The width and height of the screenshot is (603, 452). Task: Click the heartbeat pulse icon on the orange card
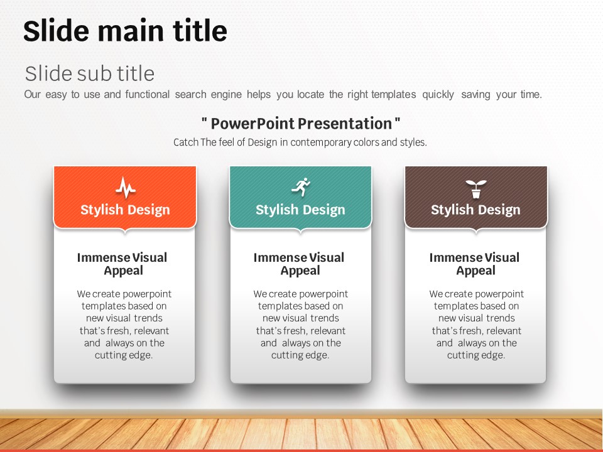point(126,187)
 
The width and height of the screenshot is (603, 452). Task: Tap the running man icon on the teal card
point(301,187)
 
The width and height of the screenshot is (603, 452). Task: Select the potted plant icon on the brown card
point(475,189)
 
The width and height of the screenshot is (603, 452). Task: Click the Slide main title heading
point(125,31)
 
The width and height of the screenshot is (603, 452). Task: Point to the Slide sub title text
point(90,73)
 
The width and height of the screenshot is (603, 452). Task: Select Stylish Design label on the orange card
point(125,210)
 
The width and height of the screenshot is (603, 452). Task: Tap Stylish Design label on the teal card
point(300,210)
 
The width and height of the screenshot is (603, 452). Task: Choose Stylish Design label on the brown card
point(475,210)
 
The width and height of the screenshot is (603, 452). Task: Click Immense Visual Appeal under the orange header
point(122,264)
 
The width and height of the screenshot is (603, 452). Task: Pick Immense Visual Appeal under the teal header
point(299,264)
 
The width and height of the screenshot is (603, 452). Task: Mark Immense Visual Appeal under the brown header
point(475,264)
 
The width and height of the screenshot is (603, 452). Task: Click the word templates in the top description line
point(393,95)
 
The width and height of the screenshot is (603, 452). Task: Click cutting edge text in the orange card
point(124,355)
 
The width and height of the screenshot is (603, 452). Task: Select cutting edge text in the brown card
point(476,355)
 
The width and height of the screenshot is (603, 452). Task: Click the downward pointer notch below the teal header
point(301,231)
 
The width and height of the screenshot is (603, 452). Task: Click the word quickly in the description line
point(438,95)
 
